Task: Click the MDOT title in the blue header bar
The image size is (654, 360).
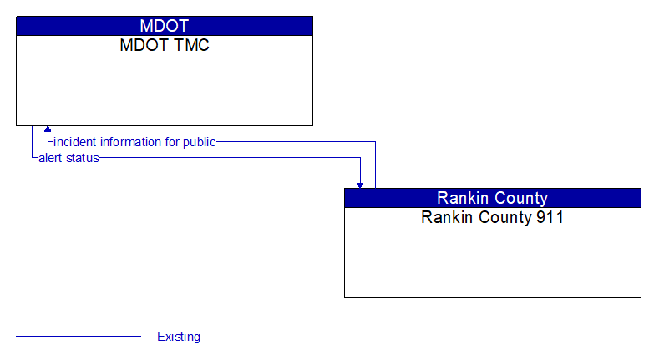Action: click(x=165, y=26)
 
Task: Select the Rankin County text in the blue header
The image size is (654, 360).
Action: click(x=492, y=198)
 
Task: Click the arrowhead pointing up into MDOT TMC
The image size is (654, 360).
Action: click(x=48, y=130)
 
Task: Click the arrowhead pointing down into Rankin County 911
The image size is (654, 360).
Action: click(x=360, y=184)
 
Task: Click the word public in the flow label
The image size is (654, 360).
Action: click(x=199, y=142)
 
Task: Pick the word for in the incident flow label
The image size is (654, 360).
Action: click(x=172, y=142)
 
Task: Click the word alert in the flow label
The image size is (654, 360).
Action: click(x=51, y=157)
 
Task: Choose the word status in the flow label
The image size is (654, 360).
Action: click(x=83, y=157)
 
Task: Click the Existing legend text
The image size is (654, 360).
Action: click(x=179, y=337)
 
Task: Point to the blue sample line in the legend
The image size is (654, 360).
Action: click(x=79, y=337)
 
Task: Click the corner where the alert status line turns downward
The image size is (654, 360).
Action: click(x=360, y=157)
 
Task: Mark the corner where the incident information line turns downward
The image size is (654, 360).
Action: click(x=375, y=142)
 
